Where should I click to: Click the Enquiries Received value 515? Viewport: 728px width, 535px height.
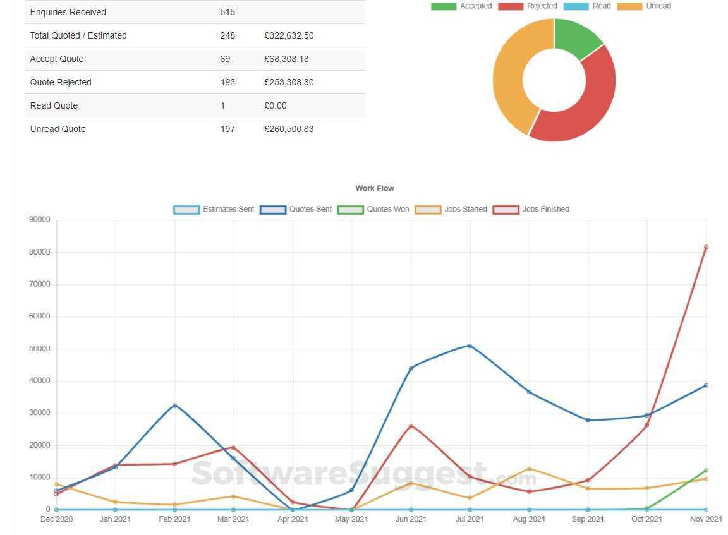227,12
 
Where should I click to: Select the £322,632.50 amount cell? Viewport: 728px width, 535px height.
289,35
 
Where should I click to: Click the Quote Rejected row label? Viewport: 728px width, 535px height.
61,82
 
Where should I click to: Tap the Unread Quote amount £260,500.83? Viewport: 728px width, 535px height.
289,129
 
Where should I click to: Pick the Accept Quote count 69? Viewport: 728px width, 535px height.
225,59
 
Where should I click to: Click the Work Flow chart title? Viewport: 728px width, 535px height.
375,188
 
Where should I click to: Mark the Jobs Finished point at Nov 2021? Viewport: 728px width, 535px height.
706,247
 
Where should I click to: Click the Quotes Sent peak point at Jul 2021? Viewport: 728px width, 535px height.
470,346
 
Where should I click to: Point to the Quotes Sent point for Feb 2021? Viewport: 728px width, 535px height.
174,406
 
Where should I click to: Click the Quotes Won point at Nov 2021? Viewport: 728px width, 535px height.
706,471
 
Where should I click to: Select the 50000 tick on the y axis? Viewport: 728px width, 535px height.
39,349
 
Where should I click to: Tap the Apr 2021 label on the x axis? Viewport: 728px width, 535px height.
293,519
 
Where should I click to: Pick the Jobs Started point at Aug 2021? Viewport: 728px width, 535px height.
529,469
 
